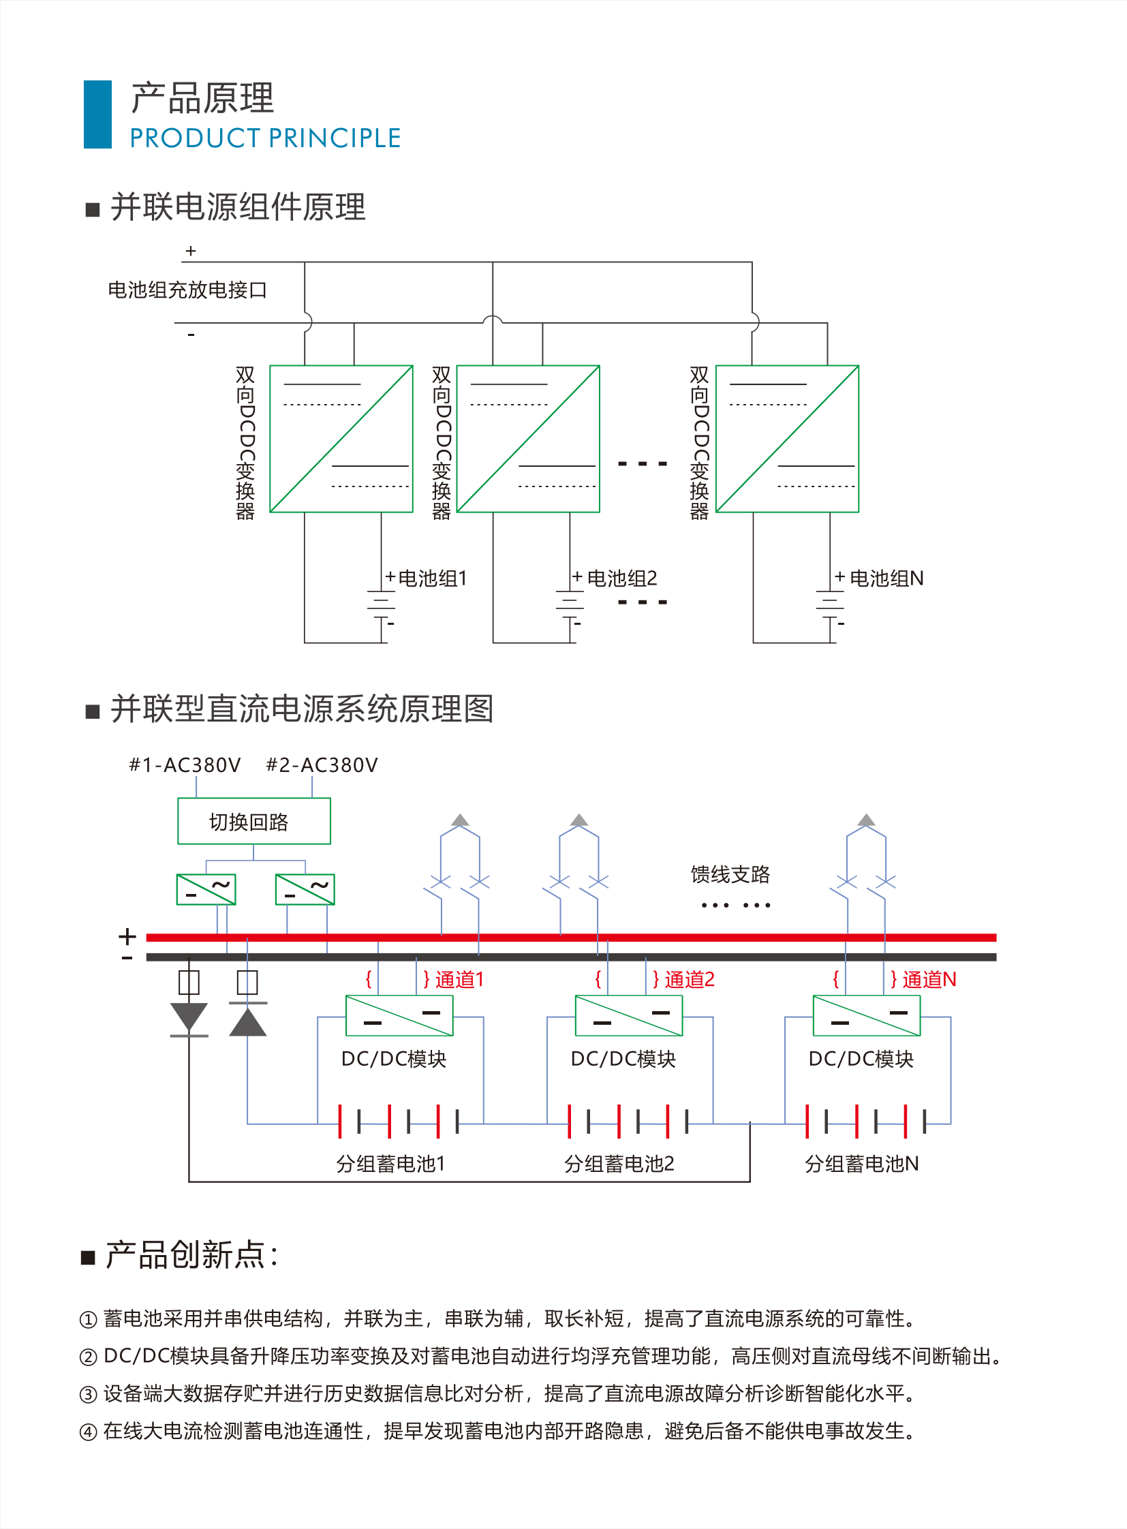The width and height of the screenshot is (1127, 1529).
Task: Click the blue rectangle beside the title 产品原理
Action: (x=97, y=114)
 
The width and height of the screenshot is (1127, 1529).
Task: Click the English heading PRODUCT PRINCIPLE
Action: (x=264, y=138)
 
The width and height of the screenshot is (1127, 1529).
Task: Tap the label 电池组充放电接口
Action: (x=187, y=290)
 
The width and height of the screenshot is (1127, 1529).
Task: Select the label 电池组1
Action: (x=432, y=578)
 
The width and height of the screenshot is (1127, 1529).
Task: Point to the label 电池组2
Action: (x=621, y=578)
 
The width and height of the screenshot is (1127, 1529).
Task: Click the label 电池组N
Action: (x=886, y=578)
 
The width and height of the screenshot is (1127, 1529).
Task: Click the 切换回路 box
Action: (x=253, y=822)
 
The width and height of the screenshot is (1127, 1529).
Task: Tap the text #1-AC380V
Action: (x=185, y=765)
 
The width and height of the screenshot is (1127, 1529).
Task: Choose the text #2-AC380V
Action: (x=322, y=765)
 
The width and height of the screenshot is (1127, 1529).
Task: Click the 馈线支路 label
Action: (x=730, y=874)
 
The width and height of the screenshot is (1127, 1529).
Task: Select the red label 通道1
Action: (x=459, y=980)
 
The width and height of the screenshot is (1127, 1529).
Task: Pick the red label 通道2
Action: (x=689, y=980)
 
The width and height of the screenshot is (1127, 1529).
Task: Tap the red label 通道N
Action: (x=929, y=980)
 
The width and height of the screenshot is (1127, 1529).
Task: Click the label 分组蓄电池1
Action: (x=390, y=1163)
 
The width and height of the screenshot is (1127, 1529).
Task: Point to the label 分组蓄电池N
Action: (x=861, y=1163)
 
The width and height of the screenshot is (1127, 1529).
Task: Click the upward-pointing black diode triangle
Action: (x=247, y=1021)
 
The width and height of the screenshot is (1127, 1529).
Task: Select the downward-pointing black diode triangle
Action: (x=189, y=1017)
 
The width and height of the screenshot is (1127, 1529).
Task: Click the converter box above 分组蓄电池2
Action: (x=628, y=1016)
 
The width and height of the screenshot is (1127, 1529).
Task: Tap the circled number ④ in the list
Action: (x=88, y=1432)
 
